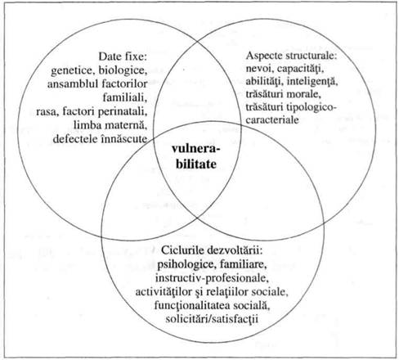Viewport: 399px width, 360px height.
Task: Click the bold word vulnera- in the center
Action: click(x=196, y=149)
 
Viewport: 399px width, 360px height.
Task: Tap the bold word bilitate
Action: click(x=196, y=164)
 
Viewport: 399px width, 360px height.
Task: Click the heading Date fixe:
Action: click(x=123, y=56)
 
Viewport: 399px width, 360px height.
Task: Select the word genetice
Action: click(x=71, y=70)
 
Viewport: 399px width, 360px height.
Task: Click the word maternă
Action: click(x=126, y=125)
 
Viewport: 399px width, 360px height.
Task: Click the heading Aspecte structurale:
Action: click(x=292, y=56)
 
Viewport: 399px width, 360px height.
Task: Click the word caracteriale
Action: click(x=272, y=119)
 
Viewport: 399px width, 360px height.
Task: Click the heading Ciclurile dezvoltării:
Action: click(x=212, y=250)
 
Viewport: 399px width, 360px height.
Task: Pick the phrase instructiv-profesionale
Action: click(x=212, y=277)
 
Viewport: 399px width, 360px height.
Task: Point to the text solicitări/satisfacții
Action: click(x=212, y=318)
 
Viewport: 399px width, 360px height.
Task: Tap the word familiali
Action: click(x=125, y=97)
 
